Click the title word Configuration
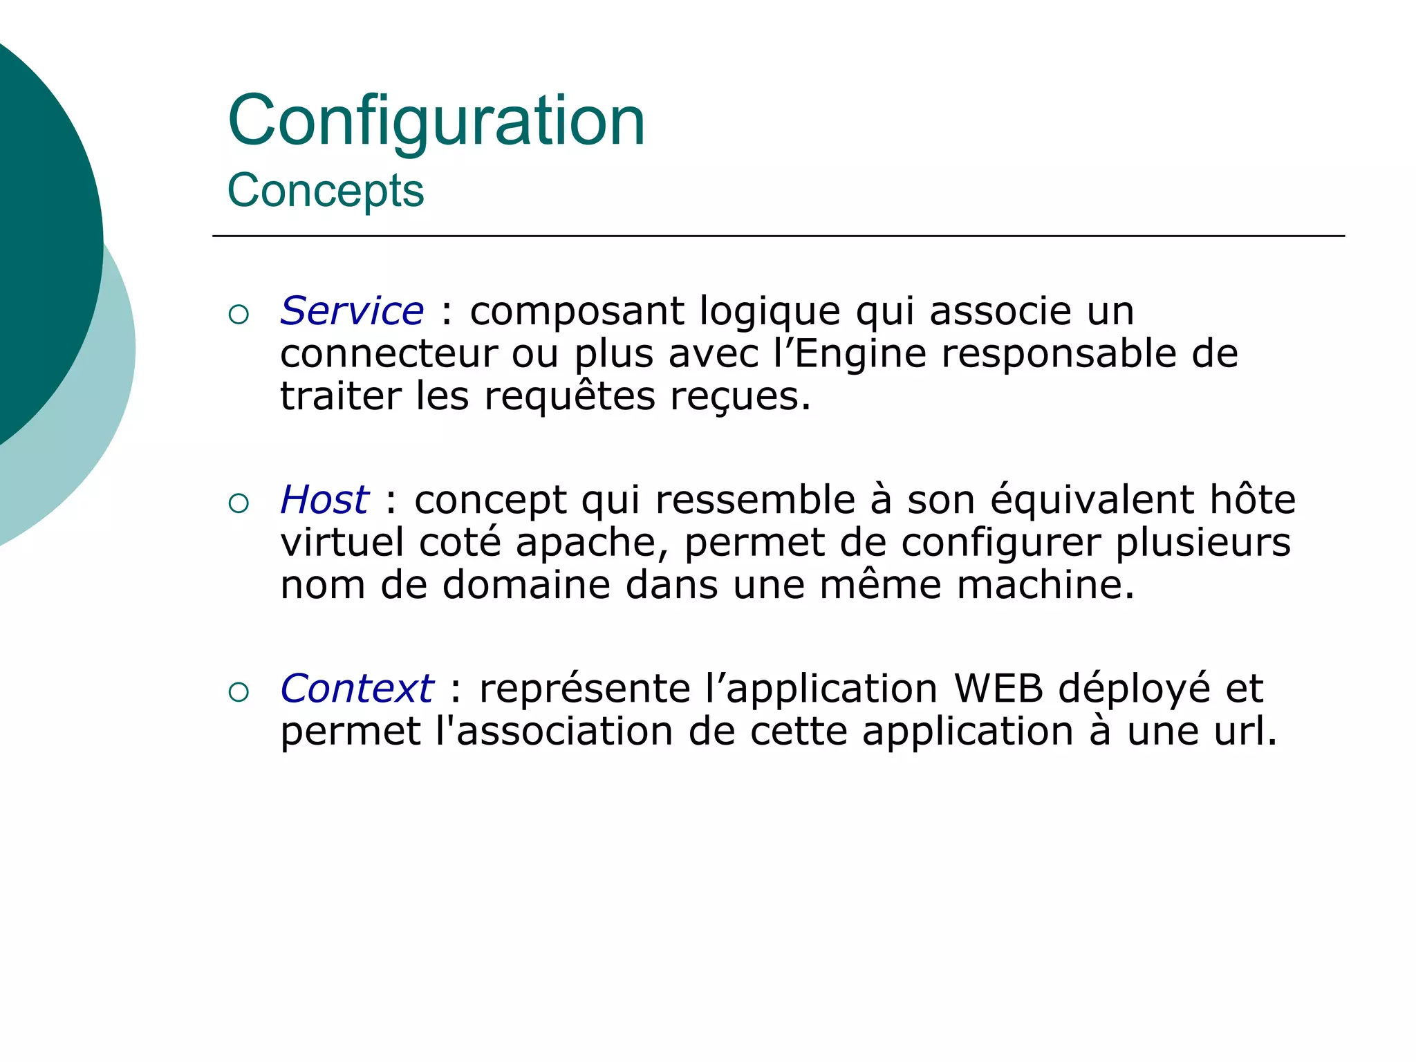pos(436,122)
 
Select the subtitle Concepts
pos(326,190)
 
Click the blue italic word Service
pos(352,310)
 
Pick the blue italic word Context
pos(357,689)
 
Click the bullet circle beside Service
pos(239,315)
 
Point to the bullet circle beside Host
pos(239,504)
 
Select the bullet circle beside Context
pos(239,693)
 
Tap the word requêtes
pos(570,397)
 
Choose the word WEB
pos(998,689)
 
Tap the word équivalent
pos(1092,500)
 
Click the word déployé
pos(1134,690)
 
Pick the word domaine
pos(527,586)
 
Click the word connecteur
pos(389,354)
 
